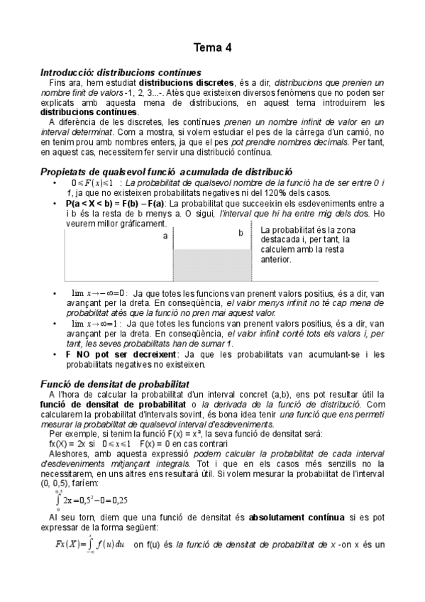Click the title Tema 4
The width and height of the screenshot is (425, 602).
click(x=212, y=48)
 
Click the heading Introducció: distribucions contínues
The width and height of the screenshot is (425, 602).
click(x=121, y=72)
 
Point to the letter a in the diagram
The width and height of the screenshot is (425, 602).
click(x=165, y=236)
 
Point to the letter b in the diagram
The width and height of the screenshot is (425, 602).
click(x=241, y=233)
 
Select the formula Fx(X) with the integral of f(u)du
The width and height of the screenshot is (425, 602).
click(x=90, y=544)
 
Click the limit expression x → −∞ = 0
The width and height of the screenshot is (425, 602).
click(x=99, y=292)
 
